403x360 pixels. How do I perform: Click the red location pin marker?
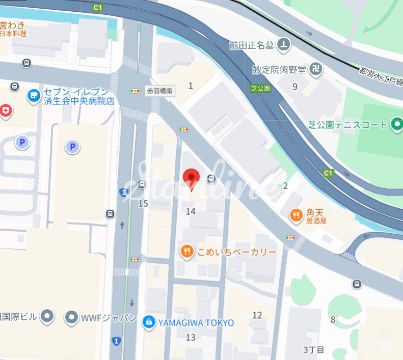coord(191,177)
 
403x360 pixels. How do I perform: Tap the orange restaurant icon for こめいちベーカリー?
coord(187,251)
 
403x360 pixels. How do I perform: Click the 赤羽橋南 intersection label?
coord(159,91)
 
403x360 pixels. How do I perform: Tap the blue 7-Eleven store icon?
coord(34,95)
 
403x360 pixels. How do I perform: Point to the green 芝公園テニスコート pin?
coord(396,124)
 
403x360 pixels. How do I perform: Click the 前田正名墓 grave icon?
coord(284,46)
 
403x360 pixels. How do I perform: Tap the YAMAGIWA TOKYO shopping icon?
coord(149,322)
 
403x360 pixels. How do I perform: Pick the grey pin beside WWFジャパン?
coord(72,317)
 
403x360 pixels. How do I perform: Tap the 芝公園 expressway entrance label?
coord(260,88)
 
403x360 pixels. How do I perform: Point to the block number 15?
coord(143,204)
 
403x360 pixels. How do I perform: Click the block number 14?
coord(191,211)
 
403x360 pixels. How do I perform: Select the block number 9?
coord(295,87)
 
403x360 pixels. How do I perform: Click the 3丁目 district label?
coord(313,350)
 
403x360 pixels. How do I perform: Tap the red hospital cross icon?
coord(6,110)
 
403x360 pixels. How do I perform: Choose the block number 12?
coord(257,316)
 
